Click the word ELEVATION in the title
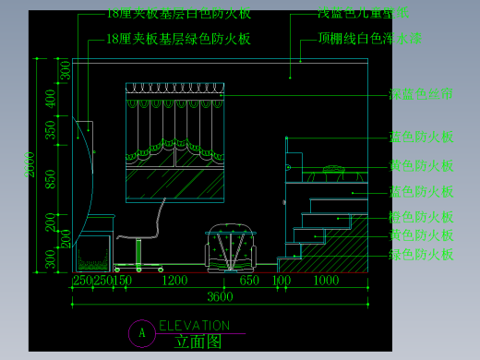[x=194, y=326]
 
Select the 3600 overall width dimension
[x=219, y=296]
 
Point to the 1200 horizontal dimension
[x=175, y=281]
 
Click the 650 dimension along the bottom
[x=248, y=281]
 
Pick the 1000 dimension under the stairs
[x=326, y=281]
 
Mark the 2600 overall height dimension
[x=30, y=162]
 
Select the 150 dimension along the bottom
[x=123, y=281]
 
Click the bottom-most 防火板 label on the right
[x=422, y=254]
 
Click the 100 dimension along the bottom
[x=281, y=281]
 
